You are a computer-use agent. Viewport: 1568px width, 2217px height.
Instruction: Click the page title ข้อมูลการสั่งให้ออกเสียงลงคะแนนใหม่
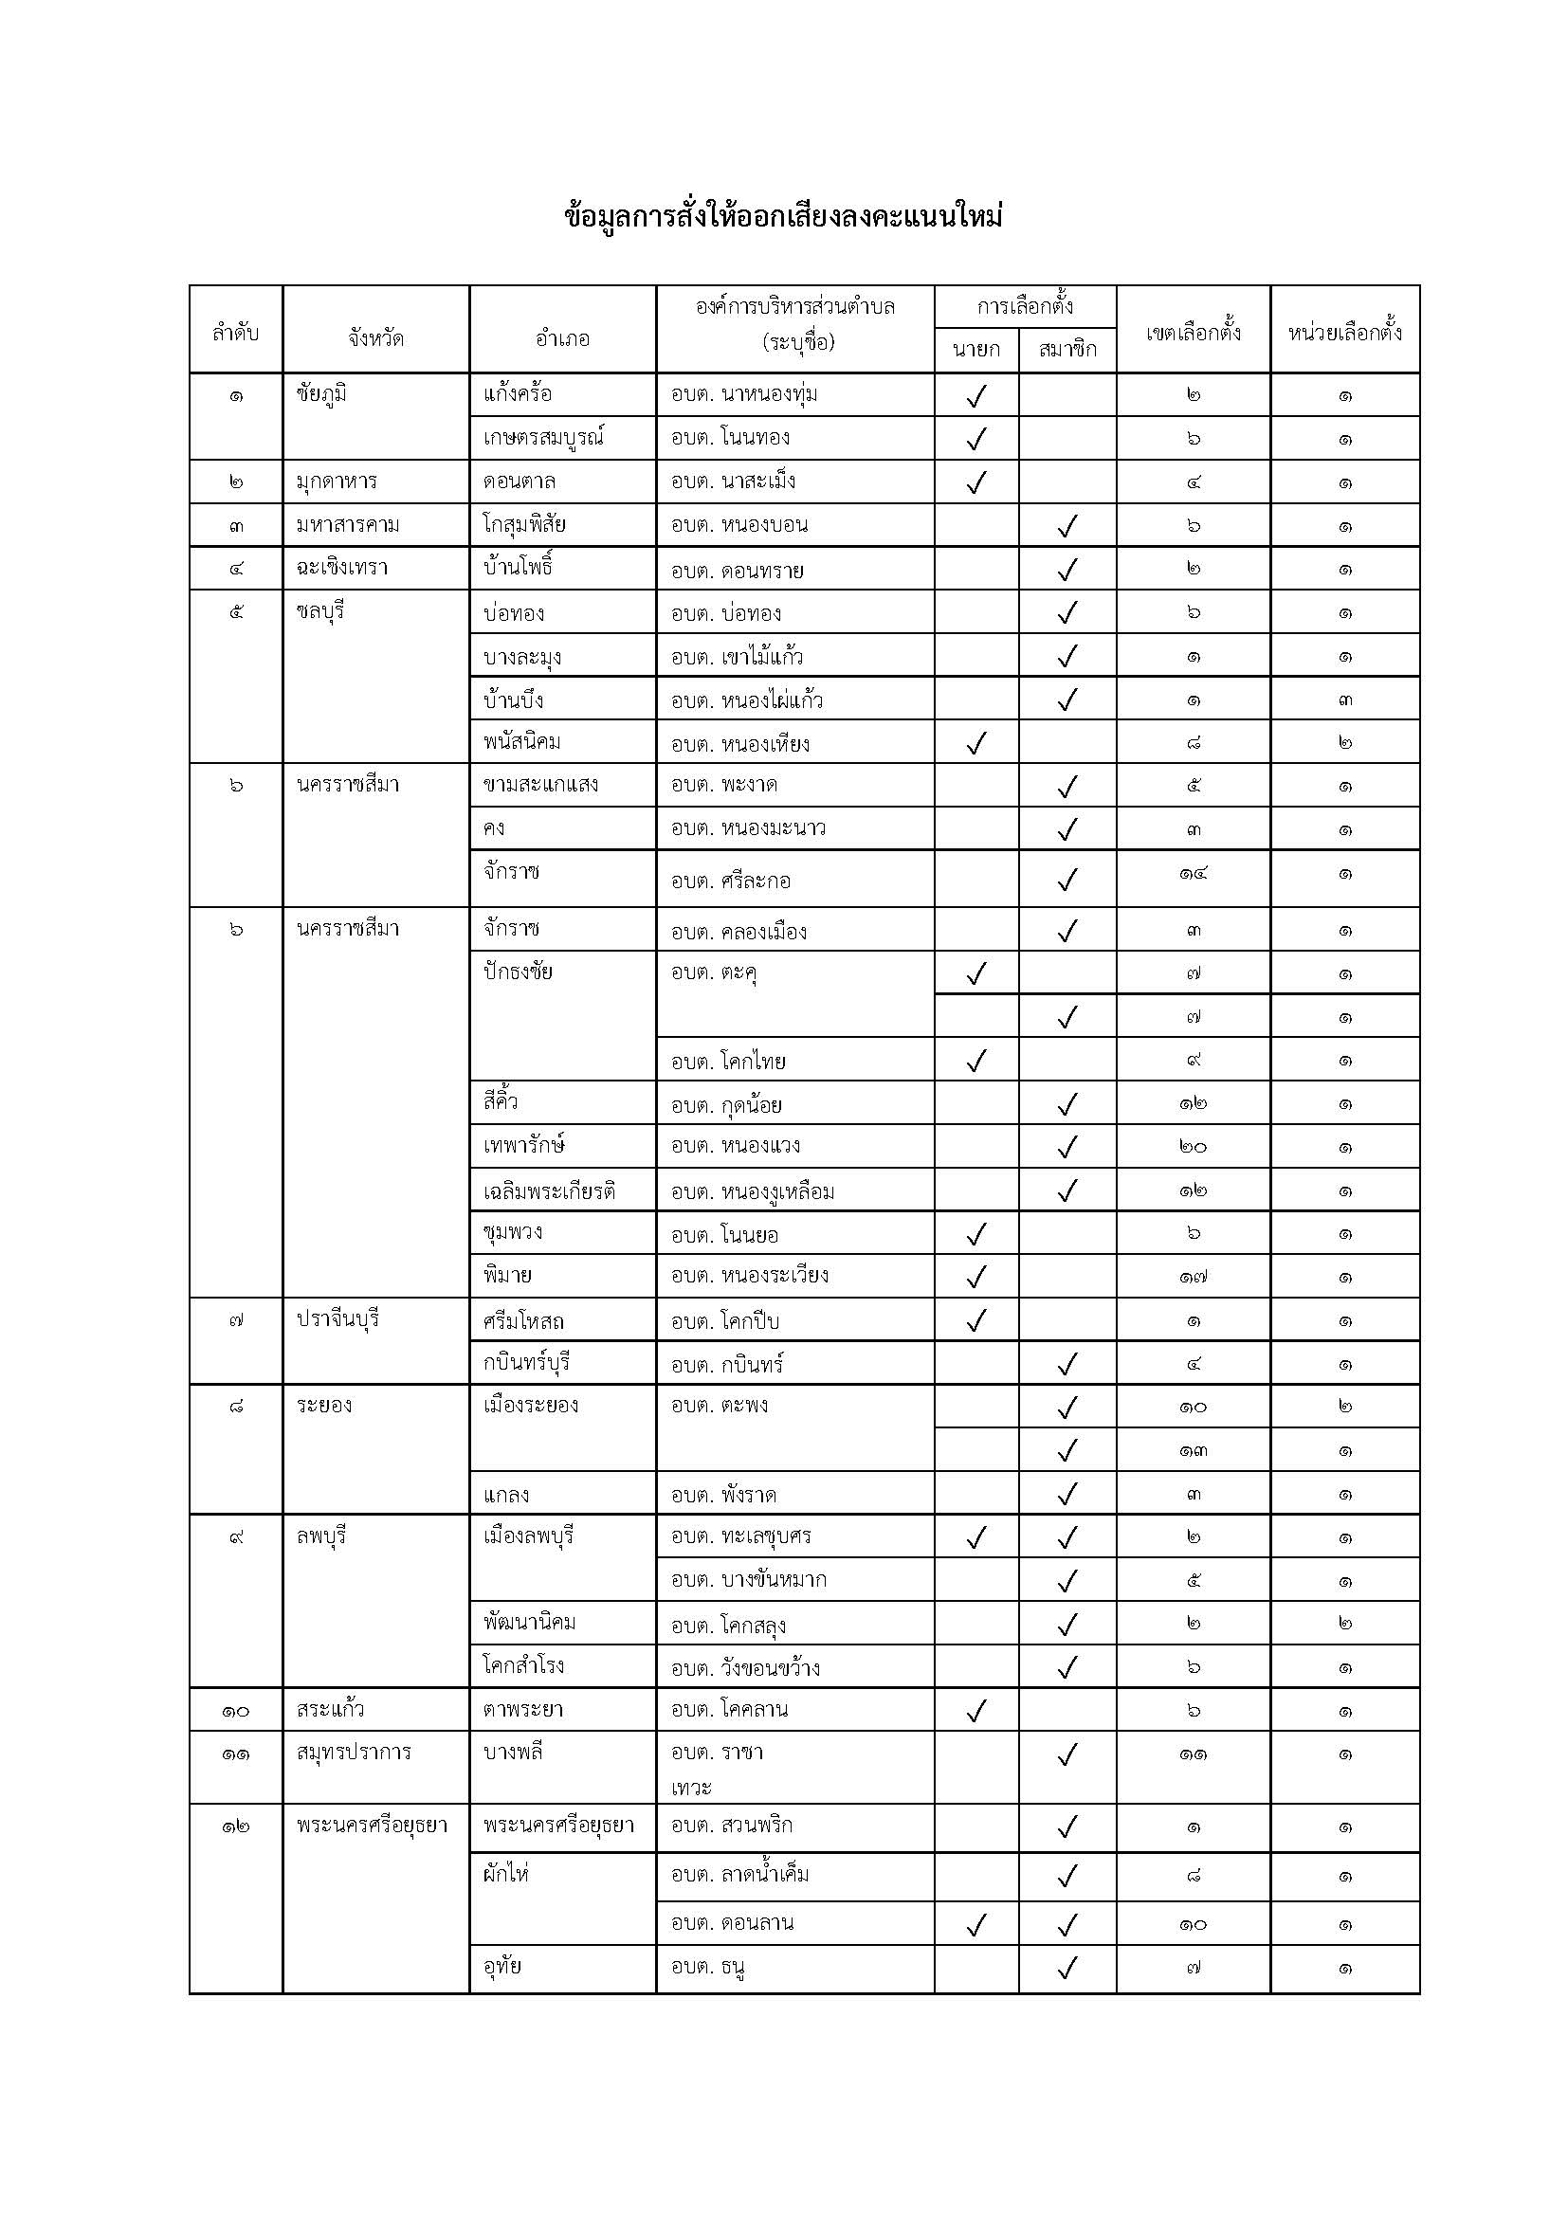[783, 217]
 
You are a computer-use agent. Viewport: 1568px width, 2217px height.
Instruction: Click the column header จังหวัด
[375, 339]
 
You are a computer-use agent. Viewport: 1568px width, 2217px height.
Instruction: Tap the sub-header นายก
[976, 350]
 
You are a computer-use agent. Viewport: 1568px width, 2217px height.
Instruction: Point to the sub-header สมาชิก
[1067, 350]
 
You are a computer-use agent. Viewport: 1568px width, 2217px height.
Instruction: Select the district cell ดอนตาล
[520, 481]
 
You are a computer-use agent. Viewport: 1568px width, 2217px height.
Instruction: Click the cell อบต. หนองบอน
[739, 525]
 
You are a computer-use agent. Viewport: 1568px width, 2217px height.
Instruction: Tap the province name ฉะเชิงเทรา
[348, 568]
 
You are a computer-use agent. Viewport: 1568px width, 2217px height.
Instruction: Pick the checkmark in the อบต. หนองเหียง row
[976, 743]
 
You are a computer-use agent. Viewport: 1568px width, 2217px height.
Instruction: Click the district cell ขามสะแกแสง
[540, 785]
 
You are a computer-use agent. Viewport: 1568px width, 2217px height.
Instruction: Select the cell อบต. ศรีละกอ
[731, 881]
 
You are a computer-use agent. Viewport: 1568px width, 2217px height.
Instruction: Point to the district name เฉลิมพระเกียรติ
[550, 1191]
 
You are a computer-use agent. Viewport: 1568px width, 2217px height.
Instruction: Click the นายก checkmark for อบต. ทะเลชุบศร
[976, 1537]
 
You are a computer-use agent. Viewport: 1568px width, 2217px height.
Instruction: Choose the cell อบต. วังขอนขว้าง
[745, 1667]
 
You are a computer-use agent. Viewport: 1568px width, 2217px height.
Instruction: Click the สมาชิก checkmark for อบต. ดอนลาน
[1067, 1925]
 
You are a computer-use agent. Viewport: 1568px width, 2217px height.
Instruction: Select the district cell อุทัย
[503, 1967]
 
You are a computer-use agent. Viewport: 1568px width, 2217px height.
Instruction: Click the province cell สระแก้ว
[330, 1710]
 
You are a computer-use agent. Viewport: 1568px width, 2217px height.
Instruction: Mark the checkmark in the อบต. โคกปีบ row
[976, 1320]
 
